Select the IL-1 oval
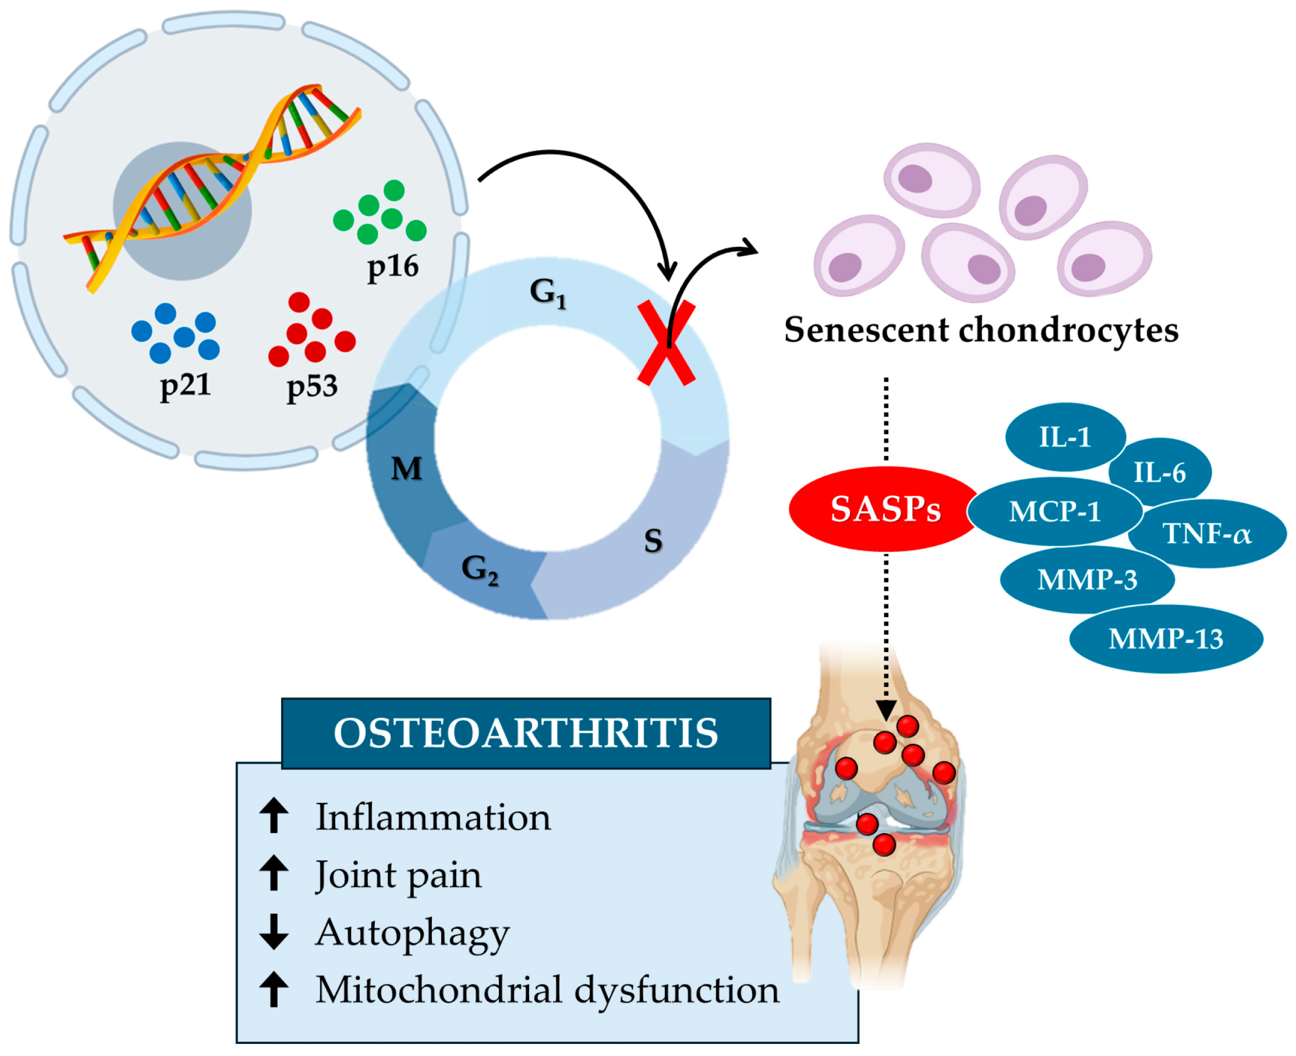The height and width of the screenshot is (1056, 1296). click(1064, 437)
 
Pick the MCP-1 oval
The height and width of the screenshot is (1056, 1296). click(1054, 511)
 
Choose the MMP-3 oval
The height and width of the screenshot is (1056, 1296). click(1087, 579)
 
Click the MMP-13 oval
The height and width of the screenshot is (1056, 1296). click(1165, 639)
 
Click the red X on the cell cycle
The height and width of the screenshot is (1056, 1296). click(666, 343)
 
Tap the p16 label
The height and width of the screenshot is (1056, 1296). click(393, 267)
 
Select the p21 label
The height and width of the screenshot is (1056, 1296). click(185, 385)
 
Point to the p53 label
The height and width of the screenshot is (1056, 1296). click(312, 386)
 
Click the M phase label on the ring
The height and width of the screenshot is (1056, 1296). click(406, 468)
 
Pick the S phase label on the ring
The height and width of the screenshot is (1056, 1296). click(653, 540)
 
